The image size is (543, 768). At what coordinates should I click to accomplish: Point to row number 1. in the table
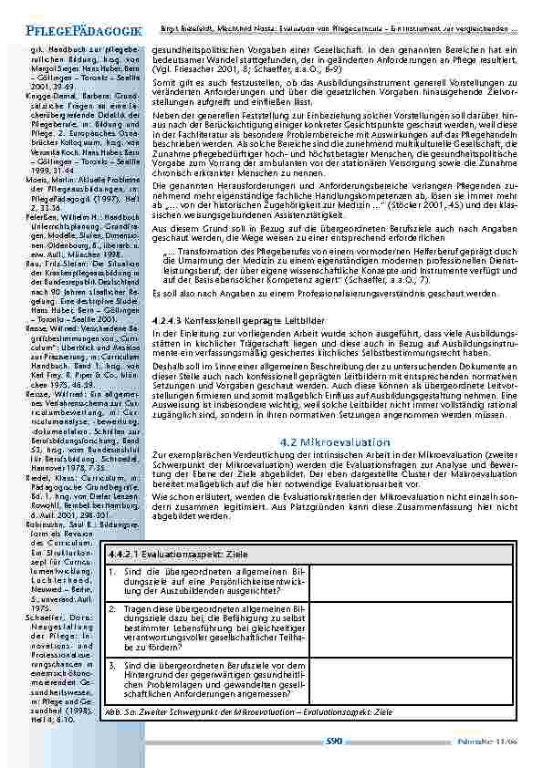[x=111, y=572]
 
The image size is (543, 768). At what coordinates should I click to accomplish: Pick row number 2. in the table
[x=111, y=607]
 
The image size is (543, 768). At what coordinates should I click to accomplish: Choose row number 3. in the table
[x=111, y=667]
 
